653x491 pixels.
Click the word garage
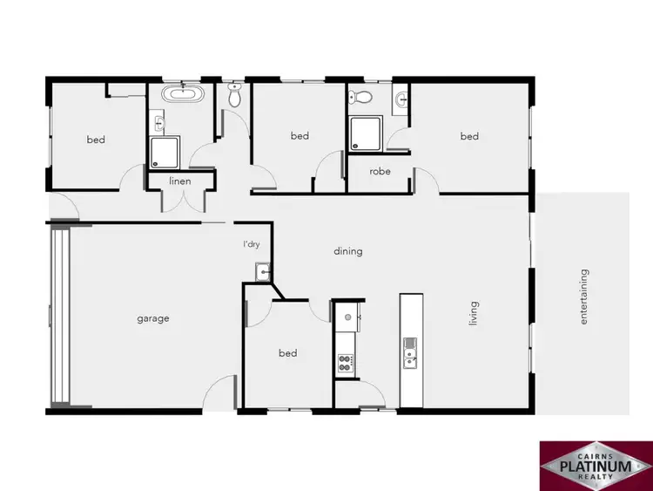coord(152,319)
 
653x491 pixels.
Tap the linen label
coord(179,181)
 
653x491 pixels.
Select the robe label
coord(380,172)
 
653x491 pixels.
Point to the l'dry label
coord(252,245)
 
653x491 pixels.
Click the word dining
coord(347,251)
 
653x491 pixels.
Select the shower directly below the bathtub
coord(165,152)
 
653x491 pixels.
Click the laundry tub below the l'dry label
coord(260,275)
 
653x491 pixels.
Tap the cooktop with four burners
coord(345,362)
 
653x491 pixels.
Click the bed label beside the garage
coord(287,353)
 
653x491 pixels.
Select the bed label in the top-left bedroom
coord(96,140)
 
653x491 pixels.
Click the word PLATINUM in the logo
coord(596,467)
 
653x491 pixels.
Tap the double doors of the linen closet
coord(179,199)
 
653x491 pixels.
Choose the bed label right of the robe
coord(469,136)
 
